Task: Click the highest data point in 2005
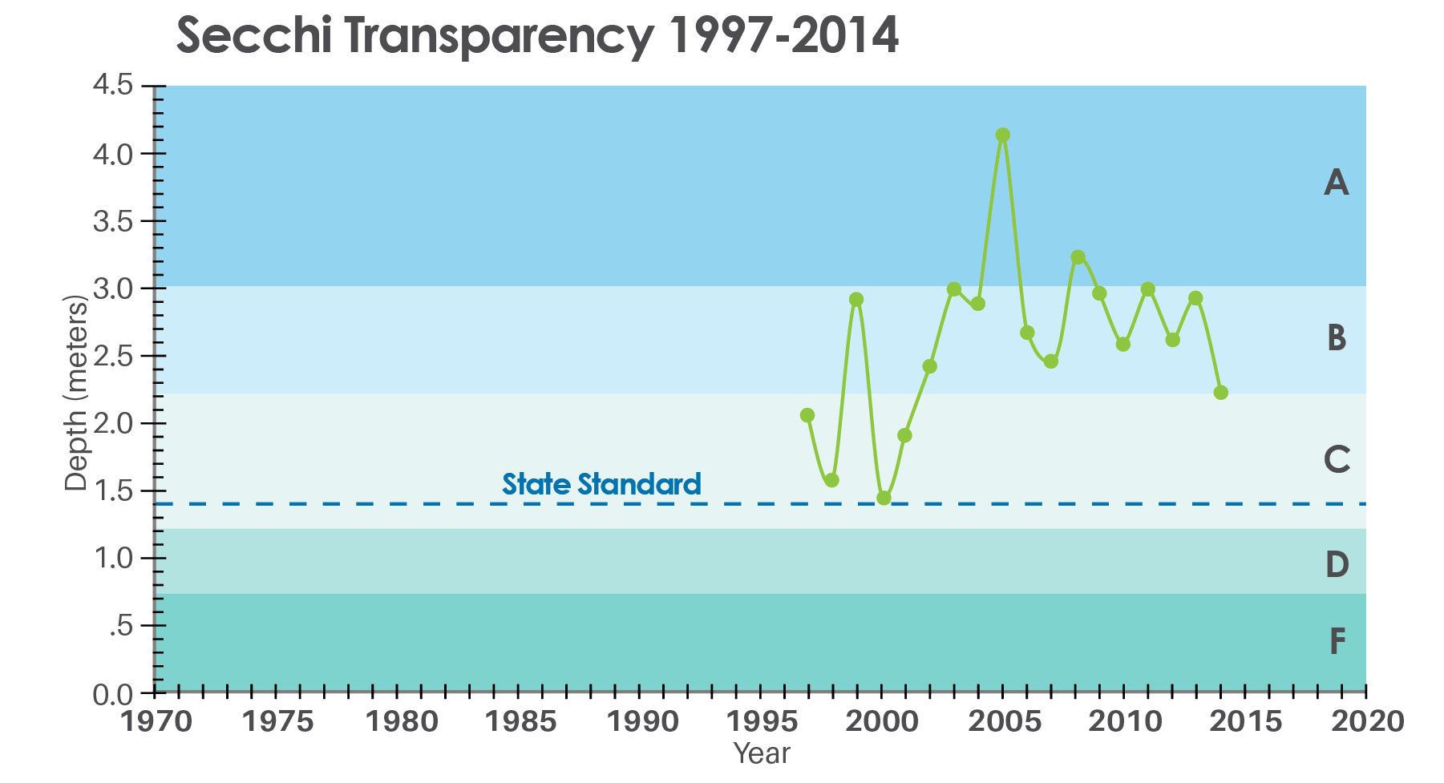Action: pos(1002,135)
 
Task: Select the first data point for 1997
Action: pos(807,415)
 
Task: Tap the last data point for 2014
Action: pos(1221,393)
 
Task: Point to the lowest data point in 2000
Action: pos(884,498)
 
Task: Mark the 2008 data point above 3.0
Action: pos(1078,257)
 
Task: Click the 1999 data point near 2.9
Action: pos(856,300)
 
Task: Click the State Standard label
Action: pos(601,484)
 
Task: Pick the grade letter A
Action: pos(1336,184)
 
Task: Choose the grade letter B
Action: pos(1336,338)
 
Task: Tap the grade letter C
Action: pos(1337,460)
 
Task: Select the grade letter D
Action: pos(1337,565)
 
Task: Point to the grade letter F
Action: pos(1337,641)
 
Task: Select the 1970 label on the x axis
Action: pos(156,721)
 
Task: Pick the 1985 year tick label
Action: pos(521,721)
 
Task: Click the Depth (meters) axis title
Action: pos(75,393)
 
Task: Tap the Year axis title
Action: pos(762,754)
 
